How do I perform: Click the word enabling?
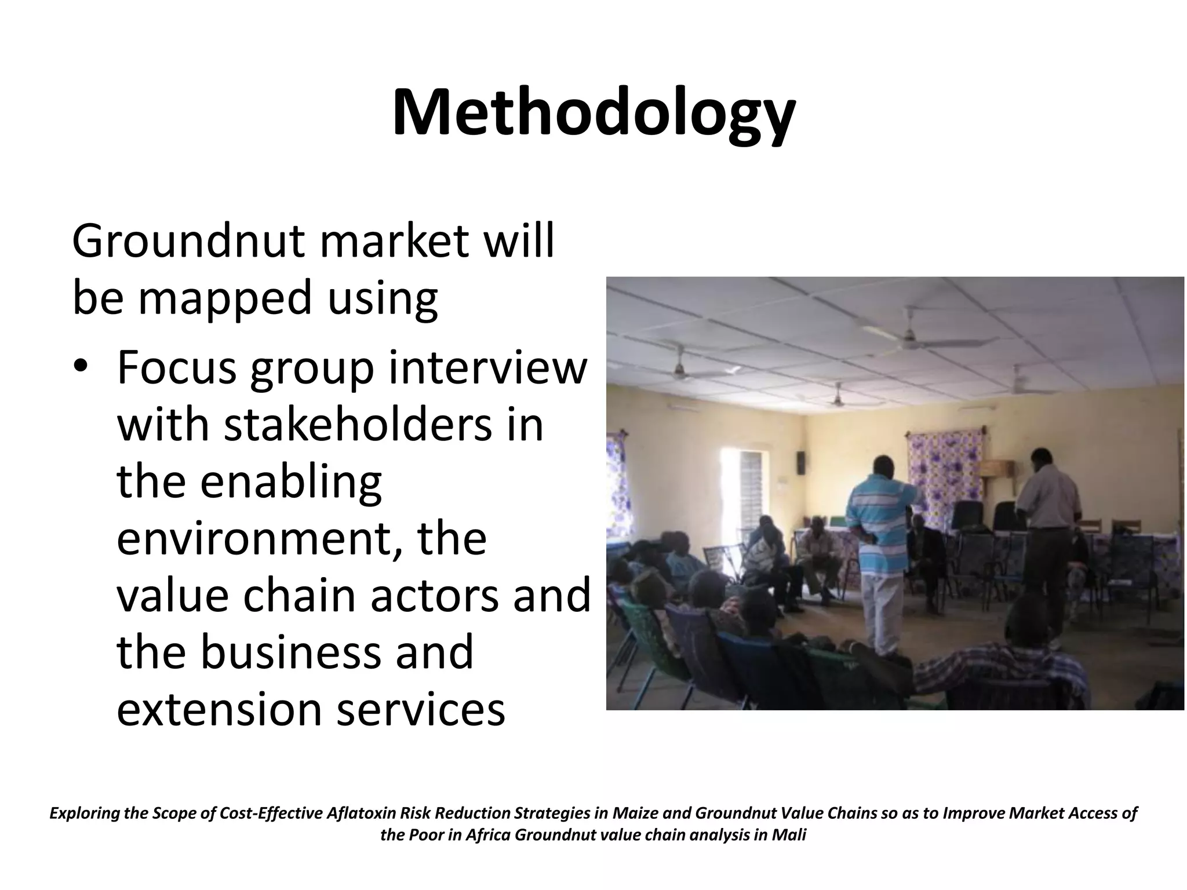click(292, 482)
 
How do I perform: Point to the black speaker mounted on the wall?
click(800, 462)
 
